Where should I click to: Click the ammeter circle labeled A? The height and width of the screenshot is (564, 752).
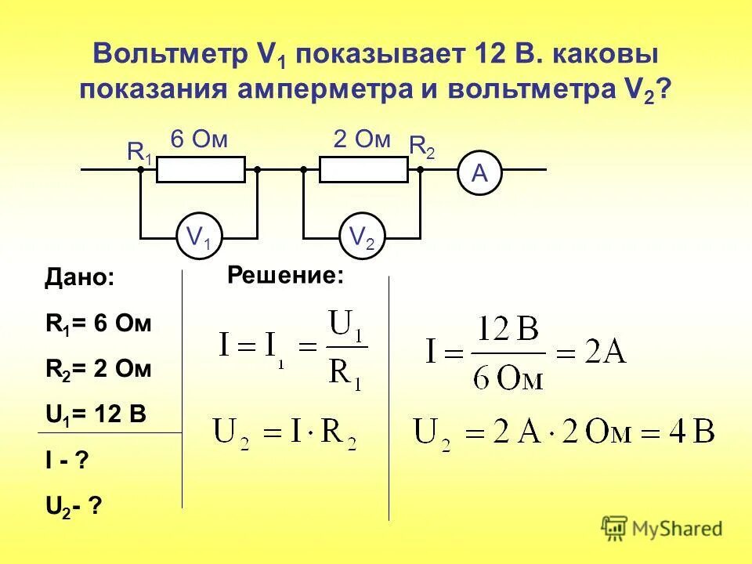coord(479,175)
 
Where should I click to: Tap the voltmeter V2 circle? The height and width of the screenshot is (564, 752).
coord(362,237)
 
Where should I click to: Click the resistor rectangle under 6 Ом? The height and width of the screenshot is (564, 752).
coord(201,169)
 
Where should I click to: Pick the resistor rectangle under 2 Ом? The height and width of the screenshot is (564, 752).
coord(363,169)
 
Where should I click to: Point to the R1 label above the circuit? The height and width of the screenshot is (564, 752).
coord(139,152)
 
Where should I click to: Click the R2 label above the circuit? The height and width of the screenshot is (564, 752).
coord(422,146)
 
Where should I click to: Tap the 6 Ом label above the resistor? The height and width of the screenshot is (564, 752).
coord(199,140)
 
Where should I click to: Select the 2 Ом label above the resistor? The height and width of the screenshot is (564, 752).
coord(362,140)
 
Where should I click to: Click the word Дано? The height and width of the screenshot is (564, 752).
coord(79,278)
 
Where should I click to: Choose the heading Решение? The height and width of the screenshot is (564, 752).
coord(286,275)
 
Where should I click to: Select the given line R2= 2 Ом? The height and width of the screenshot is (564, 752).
coord(98,369)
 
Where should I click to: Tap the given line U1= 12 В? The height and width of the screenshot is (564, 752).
coord(96,414)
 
